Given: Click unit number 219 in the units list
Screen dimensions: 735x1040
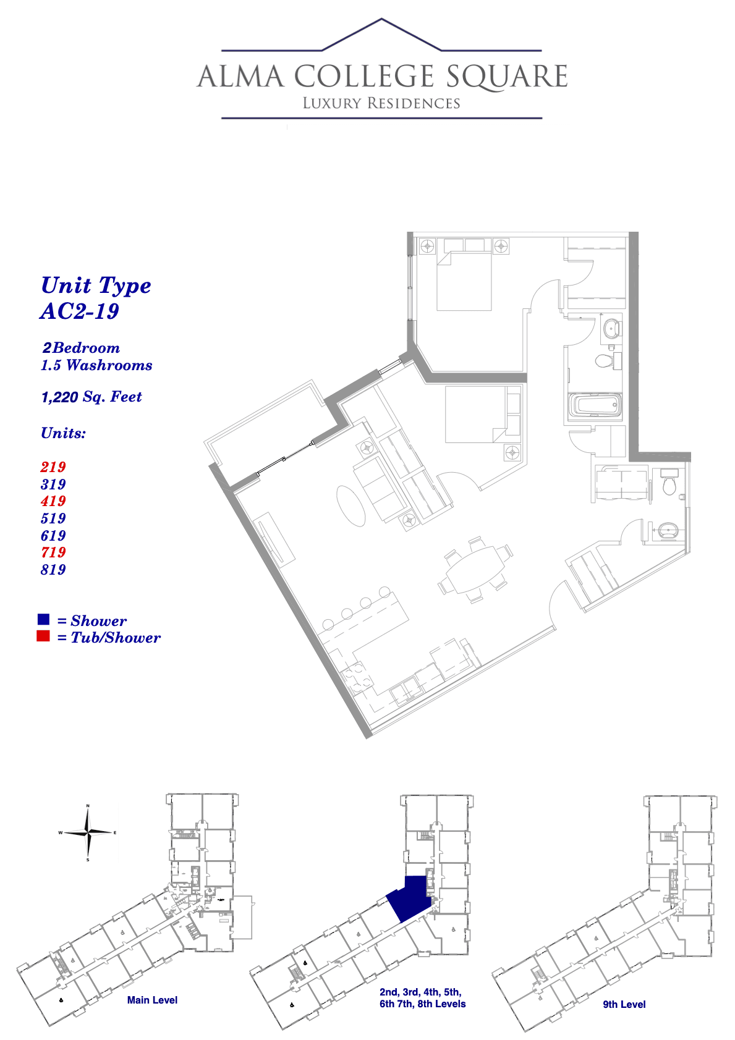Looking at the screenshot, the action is tap(53, 467).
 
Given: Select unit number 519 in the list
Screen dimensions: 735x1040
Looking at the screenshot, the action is tap(53, 518).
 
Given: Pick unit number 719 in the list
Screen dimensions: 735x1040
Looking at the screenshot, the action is tap(53, 552).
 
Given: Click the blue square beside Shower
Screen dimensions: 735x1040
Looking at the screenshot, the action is tap(43, 619).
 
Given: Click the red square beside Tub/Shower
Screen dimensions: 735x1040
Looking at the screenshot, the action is tap(43, 636).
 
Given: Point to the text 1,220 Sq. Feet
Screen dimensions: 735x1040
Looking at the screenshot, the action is tap(91, 397).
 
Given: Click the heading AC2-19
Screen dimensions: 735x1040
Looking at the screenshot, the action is tap(79, 311).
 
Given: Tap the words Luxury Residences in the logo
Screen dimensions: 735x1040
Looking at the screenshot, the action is tap(381, 103).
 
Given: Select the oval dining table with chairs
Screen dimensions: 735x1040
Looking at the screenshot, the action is tap(475, 569).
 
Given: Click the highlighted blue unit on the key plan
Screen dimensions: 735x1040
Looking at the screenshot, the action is tap(409, 898).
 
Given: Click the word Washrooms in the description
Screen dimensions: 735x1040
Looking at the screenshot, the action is tap(109, 365).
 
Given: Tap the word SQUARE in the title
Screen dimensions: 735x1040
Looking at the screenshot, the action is tap(507, 77).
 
